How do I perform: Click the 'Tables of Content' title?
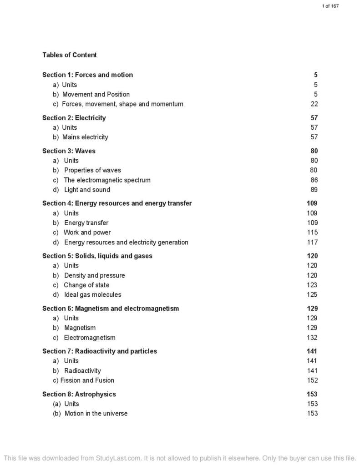(x=70, y=55)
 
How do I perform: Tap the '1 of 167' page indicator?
(x=330, y=6)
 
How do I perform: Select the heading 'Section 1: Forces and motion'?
(x=87, y=75)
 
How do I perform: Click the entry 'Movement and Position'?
(x=96, y=94)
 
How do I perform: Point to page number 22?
(x=314, y=104)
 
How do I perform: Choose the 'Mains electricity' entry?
(x=85, y=137)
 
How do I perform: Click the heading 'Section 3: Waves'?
(x=69, y=151)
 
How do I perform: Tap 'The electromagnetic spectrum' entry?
(x=107, y=180)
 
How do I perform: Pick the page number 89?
(x=314, y=190)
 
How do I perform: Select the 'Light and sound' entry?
(x=87, y=190)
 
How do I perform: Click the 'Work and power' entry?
(x=87, y=233)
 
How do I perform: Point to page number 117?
(x=312, y=242)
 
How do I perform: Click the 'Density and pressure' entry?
(x=94, y=275)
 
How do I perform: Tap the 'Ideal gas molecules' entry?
(x=92, y=294)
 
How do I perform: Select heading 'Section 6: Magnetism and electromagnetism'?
(x=111, y=309)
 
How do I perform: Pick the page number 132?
(x=312, y=338)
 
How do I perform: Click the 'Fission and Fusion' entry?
(x=87, y=380)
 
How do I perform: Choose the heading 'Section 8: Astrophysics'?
(x=79, y=394)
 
